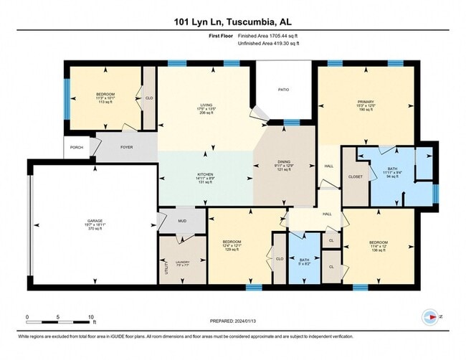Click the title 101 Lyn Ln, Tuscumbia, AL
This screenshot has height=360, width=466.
[233, 21]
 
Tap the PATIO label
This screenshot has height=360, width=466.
[284, 90]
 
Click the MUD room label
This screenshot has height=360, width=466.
[182, 220]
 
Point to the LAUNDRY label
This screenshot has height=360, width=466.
[182, 263]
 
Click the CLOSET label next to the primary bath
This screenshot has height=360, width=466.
[355, 176]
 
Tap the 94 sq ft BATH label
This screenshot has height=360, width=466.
[391, 169]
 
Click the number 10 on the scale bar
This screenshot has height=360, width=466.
[90, 316]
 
